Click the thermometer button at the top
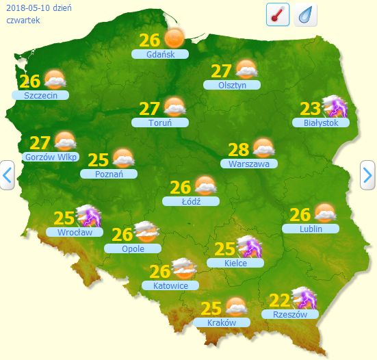click(278, 14)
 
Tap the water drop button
click(305, 14)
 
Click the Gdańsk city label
click(160, 54)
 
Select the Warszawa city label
click(249, 164)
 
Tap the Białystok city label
click(321, 123)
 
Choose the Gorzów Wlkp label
click(51, 157)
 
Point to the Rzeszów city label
click(290, 315)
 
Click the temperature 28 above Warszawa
click(238, 149)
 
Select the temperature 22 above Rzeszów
click(280, 300)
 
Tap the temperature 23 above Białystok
click(311, 108)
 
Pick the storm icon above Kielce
click(247, 247)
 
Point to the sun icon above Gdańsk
click(174, 38)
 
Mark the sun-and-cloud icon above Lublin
click(324, 214)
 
